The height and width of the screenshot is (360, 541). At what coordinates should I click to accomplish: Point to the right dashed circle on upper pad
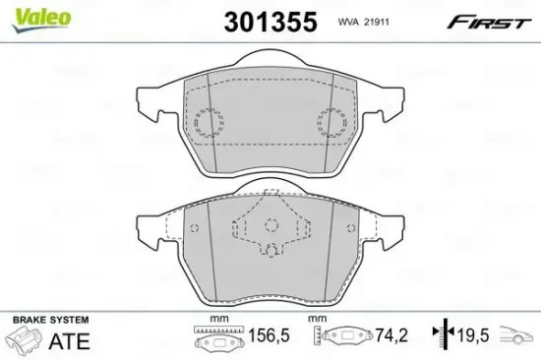point(331,123)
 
